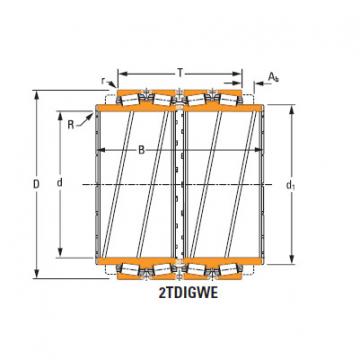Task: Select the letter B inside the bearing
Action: pos(143,151)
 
